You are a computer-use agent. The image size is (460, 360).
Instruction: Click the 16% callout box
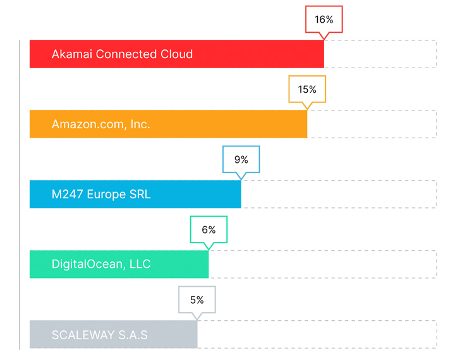(324, 20)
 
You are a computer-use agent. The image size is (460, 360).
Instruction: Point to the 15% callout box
(307, 90)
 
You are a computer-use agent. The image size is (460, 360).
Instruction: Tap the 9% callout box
(241, 160)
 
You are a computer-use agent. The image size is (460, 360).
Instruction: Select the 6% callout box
(209, 230)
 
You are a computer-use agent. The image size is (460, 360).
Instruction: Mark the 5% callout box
(197, 300)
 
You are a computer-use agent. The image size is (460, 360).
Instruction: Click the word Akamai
(72, 54)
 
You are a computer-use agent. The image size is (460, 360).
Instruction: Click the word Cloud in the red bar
(177, 54)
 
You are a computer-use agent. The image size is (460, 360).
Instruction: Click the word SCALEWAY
(83, 335)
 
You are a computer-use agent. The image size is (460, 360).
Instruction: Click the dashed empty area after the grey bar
(316, 335)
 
